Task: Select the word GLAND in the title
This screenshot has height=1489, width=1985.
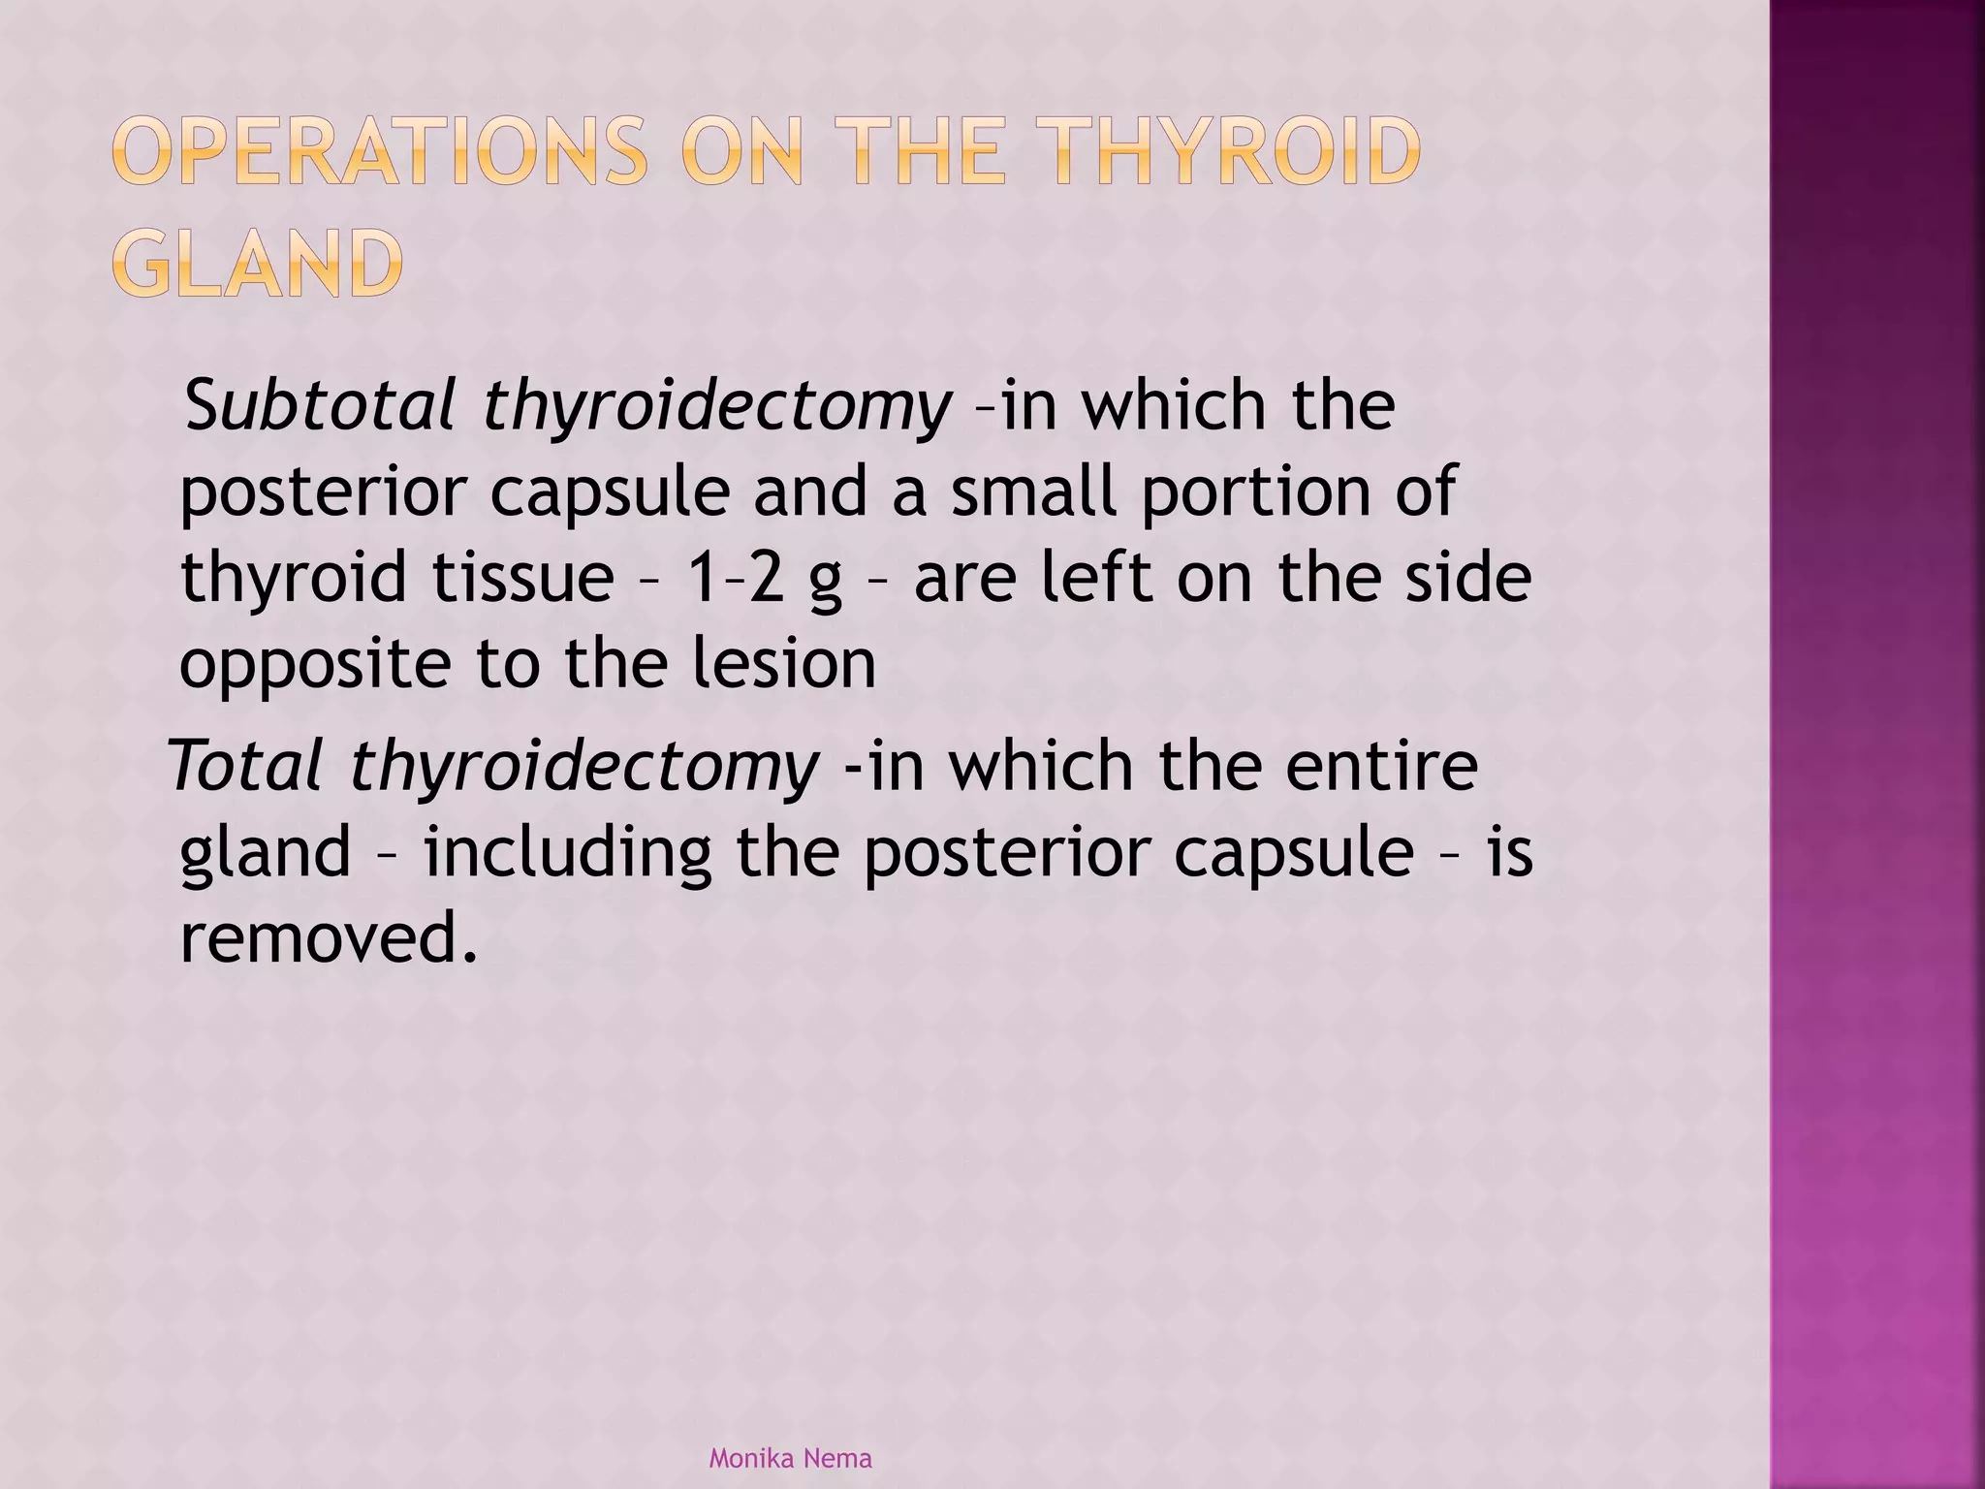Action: tap(257, 264)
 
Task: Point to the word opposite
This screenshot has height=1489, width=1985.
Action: tap(315, 666)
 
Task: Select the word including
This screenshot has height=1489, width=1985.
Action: tap(567, 854)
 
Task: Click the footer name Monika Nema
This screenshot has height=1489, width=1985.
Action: tap(790, 1458)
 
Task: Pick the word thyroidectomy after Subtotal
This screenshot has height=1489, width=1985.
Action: tap(717, 407)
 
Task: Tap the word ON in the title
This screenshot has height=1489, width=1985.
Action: tap(742, 152)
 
